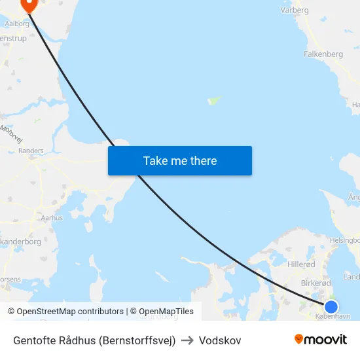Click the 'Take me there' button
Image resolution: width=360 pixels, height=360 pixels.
180,160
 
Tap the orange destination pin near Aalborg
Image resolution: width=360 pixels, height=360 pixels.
29,5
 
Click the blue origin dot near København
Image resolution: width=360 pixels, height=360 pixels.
331,306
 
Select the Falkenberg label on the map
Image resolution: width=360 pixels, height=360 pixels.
323,54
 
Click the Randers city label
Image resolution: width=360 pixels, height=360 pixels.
31,151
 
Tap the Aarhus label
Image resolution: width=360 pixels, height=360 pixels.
52,217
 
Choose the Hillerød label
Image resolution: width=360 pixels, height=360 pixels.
301,264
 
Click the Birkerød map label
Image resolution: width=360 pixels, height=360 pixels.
315,283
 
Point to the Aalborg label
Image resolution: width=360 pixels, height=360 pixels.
17,23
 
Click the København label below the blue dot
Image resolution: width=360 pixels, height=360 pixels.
333,316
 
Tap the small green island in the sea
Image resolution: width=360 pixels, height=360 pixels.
213,101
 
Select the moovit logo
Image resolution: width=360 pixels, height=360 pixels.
321,339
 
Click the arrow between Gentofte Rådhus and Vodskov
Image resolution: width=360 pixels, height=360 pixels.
187,340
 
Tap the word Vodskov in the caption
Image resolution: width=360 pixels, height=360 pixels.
220,340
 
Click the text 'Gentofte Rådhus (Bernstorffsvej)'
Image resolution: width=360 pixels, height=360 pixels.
94,340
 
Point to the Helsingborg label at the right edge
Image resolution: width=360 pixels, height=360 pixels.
346,240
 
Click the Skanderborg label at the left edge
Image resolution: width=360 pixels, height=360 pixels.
21,242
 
